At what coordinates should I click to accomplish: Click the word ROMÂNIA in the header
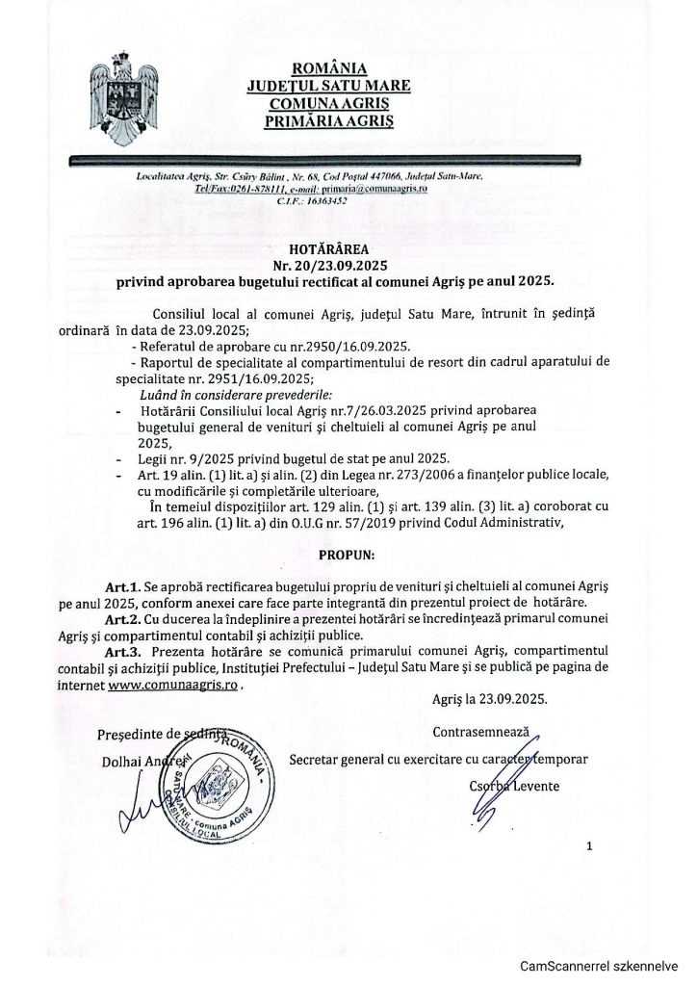[x=328, y=68]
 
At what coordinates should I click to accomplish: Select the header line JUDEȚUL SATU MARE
[x=328, y=86]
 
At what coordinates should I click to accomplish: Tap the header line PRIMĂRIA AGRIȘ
[x=328, y=121]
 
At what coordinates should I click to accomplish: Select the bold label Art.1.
[x=123, y=585]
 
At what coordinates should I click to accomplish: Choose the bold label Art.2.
[x=123, y=619]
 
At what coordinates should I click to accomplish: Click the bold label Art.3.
[x=123, y=653]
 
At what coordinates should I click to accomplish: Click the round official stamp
[x=218, y=785]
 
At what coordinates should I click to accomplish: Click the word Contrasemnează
[x=480, y=732]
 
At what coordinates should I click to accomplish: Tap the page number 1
[x=587, y=846]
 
